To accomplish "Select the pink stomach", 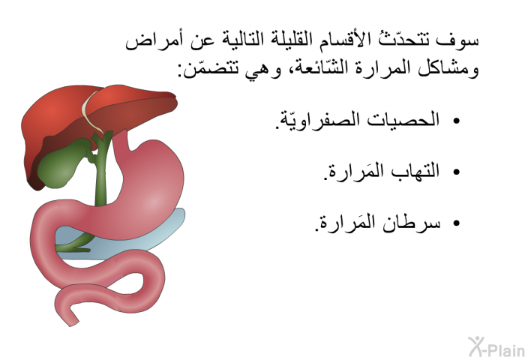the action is tap(147, 187).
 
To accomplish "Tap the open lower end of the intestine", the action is tap(71, 320).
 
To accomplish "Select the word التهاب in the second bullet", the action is tap(411, 171).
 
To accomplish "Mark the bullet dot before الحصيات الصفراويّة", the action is tap(456, 121).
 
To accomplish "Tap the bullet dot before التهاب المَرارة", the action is tap(456, 172).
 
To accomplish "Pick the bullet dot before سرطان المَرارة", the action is tap(456, 223).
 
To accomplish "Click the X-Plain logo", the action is tap(496, 347).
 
